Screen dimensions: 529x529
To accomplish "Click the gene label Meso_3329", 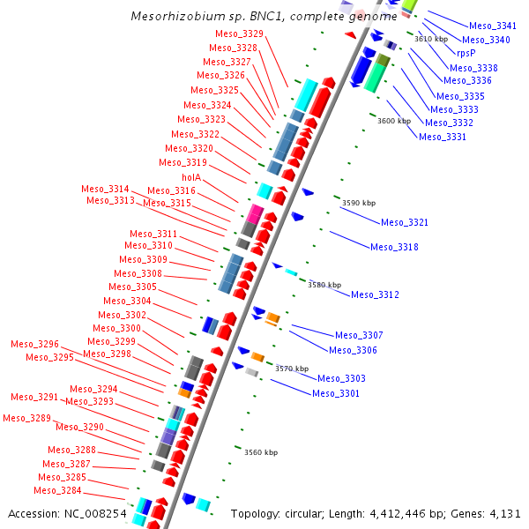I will pos(240,34).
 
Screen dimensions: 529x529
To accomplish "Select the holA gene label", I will pos(191,177).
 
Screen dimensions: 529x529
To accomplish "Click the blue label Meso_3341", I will pos(493,26).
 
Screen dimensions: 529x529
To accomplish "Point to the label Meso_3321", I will pos(405,223).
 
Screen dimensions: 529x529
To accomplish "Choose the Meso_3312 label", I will pos(375,294).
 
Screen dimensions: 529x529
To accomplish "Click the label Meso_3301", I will pos(336,393).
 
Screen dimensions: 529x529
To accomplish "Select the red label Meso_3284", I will pos(57,490).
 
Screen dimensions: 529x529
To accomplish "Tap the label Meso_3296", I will pos(34,344).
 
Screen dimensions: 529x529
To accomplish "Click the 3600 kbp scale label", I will pos(394,122).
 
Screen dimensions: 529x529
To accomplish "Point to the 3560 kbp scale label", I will pos(261,453).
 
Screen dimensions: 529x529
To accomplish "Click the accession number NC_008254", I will pos(97,513).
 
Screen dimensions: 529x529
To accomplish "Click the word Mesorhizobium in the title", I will pos(170,17).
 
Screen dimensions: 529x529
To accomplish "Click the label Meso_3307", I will pos(359,335).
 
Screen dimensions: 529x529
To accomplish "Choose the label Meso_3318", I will pos(394,248).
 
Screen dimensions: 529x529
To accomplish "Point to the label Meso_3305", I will pos(132,287).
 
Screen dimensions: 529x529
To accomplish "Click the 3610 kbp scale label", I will pos(431,39).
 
